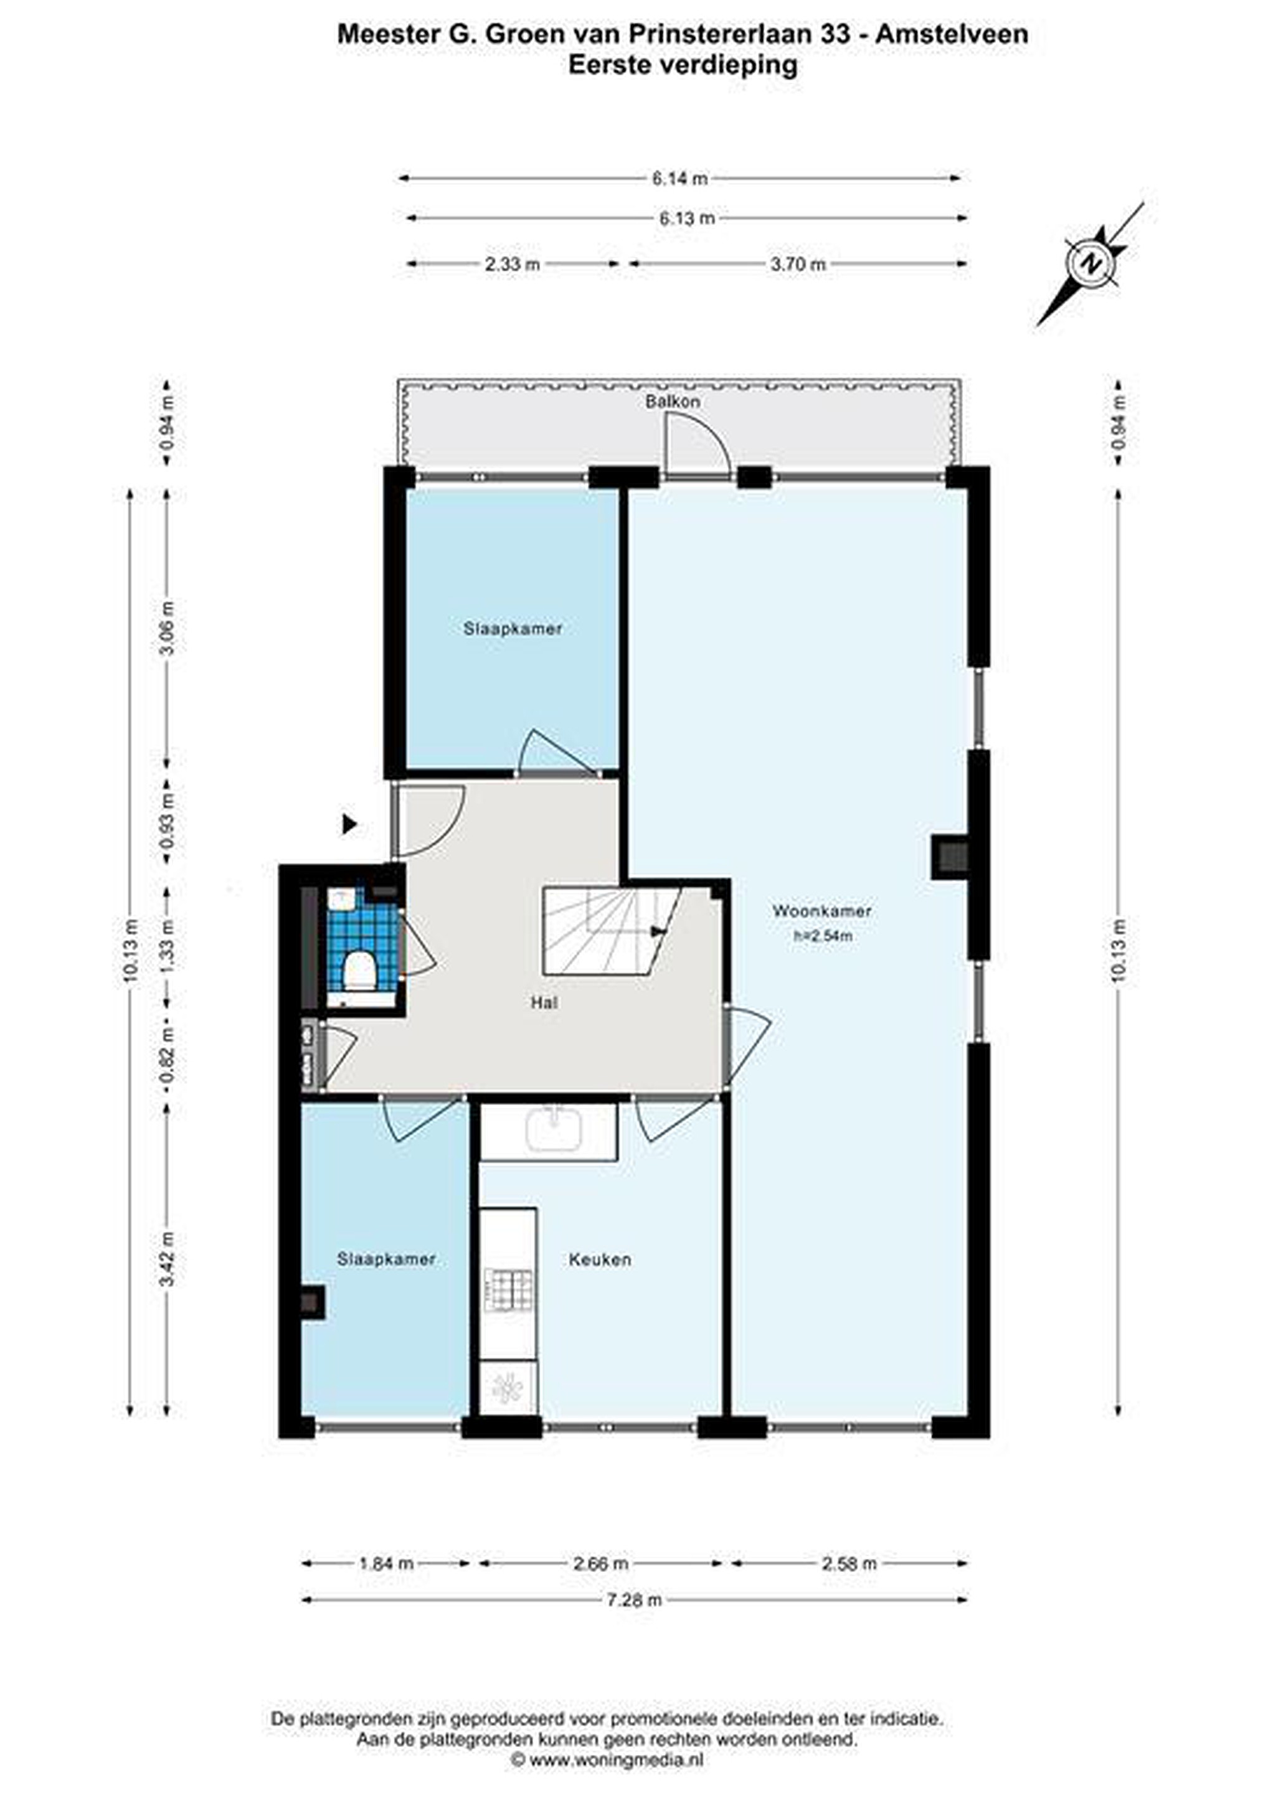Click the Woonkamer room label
[822, 911]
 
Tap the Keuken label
[600, 1259]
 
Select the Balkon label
[672, 402]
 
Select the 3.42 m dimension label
[166, 1259]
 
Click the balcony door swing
[697, 445]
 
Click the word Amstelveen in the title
[952, 34]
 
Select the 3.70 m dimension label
[798, 264]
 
